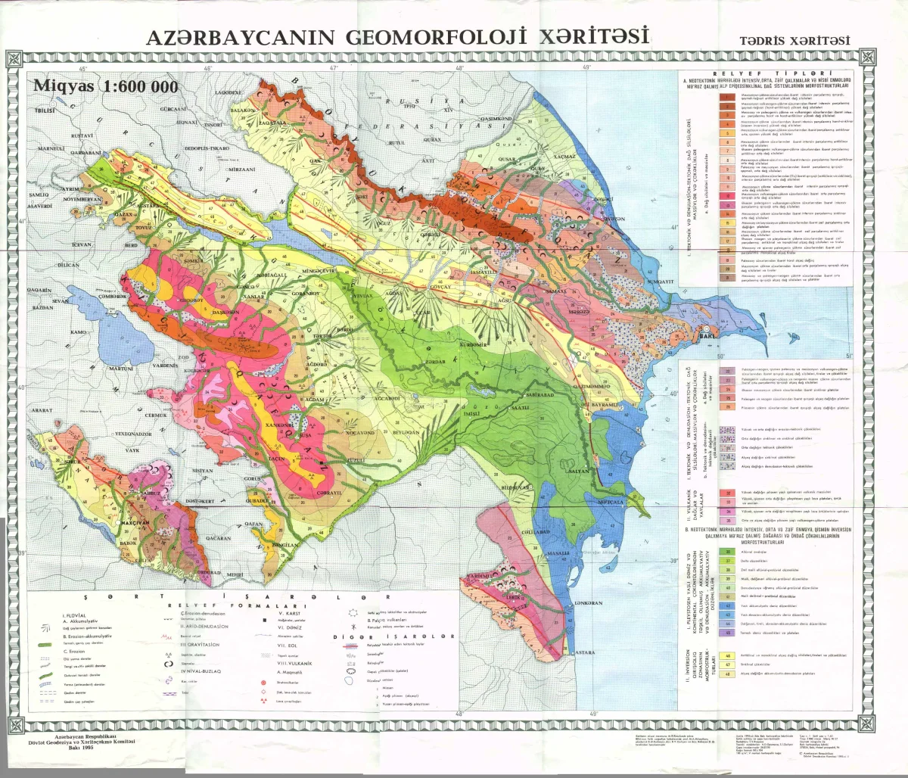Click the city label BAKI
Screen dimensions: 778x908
coord(708,335)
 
